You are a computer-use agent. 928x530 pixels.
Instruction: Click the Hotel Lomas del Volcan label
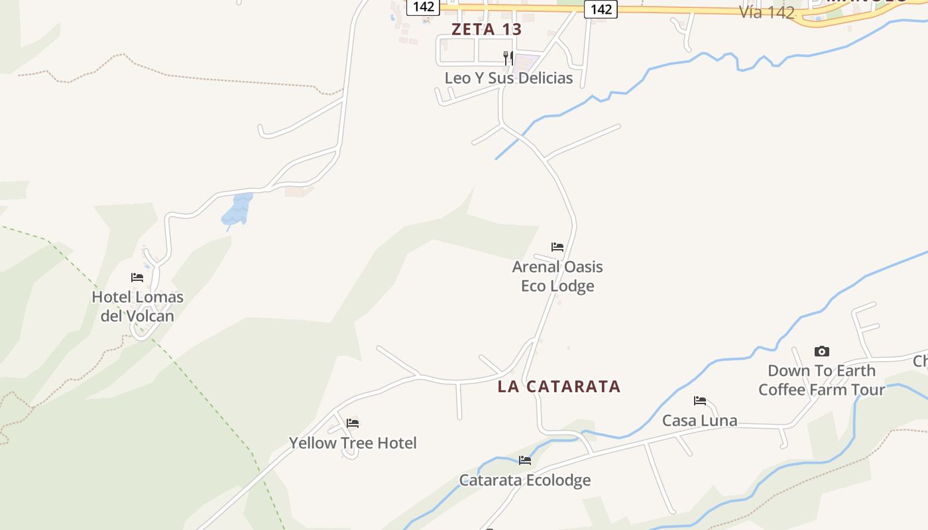(x=137, y=306)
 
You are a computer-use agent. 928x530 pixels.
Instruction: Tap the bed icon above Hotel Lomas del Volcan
(x=137, y=278)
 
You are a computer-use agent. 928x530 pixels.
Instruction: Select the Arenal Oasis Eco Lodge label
(x=557, y=276)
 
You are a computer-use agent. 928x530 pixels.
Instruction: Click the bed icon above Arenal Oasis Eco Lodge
(x=557, y=247)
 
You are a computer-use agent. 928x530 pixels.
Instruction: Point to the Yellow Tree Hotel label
(x=353, y=443)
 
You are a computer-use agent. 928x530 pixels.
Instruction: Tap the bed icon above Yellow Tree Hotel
(x=353, y=423)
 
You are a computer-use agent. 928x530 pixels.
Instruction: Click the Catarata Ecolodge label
(x=525, y=480)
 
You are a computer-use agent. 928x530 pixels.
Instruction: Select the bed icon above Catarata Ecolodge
(x=525, y=460)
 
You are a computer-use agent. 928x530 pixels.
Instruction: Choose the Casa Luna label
(x=699, y=420)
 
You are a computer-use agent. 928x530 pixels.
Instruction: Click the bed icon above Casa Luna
(x=700, y=400)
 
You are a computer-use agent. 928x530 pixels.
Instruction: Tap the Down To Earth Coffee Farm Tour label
(x=821, y=380)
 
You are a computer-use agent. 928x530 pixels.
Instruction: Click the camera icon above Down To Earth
(x=822, y=351)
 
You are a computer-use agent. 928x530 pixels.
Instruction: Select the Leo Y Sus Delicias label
(x=508, y=78)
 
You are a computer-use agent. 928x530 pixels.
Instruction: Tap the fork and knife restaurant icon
(x=508, y=58)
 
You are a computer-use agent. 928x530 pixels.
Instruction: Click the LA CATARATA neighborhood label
(x=559, y=386)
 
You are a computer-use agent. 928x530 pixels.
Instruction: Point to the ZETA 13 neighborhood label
(x=487, y=29)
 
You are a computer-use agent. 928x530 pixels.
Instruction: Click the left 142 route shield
(x=423, y=7)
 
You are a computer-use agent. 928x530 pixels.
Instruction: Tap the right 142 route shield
(x=601, y=9)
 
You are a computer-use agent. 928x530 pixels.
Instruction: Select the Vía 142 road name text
(x=767, y=12)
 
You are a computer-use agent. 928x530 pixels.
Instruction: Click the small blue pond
(x=237, y=209)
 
